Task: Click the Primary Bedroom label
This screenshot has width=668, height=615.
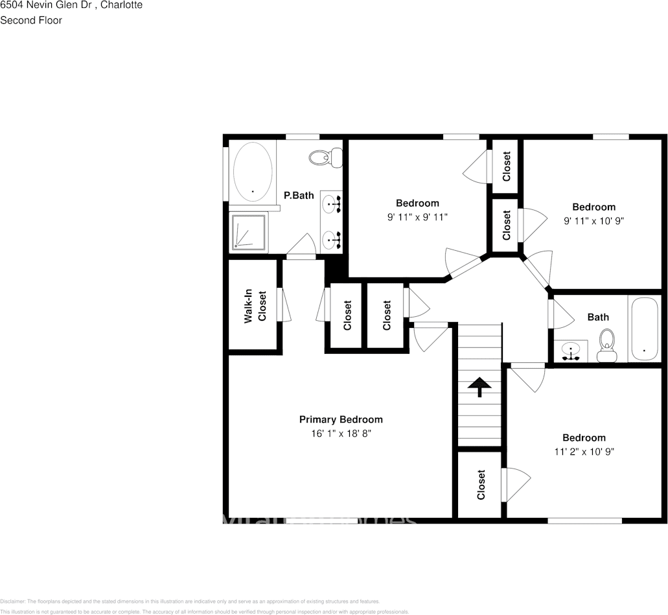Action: point(340,419)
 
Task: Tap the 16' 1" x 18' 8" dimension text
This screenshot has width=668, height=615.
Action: point(340,433)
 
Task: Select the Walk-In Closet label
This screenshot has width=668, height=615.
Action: point(254,306)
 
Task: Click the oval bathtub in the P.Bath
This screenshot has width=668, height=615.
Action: point(252,171)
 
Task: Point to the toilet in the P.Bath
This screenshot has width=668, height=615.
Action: point(326,157)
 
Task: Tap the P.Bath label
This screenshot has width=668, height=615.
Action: point(299,195)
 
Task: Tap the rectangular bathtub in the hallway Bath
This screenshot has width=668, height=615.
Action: point(643,329)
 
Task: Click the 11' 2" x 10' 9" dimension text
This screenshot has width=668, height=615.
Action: point(584,451)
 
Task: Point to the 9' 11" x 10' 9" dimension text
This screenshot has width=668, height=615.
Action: point(593,220)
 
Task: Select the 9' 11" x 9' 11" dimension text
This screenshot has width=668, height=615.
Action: point(417,217)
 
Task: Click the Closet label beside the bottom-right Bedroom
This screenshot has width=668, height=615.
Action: point(481,485)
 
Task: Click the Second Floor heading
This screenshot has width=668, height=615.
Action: point(31,20)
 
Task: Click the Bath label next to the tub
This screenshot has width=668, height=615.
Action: point(598,317)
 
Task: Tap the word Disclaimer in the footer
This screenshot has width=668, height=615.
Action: point(12,601)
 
